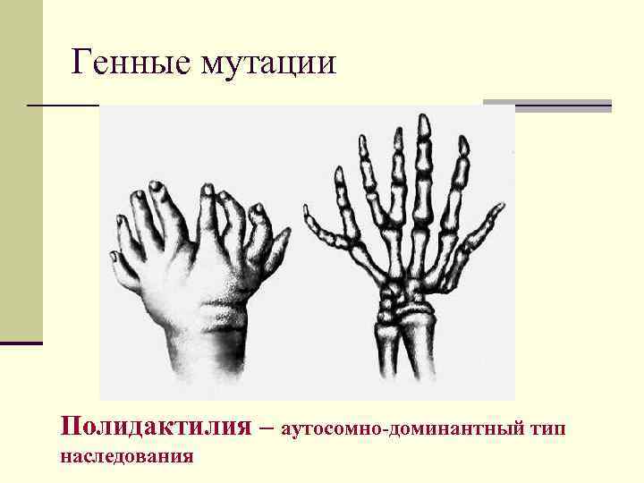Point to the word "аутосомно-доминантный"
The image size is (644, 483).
(402, 428)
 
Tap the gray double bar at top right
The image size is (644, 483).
(547, 106)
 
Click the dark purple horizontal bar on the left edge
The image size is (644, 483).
(21, 343)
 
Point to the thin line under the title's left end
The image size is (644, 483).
(63, 106)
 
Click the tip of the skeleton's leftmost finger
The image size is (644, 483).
(307, 211)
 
